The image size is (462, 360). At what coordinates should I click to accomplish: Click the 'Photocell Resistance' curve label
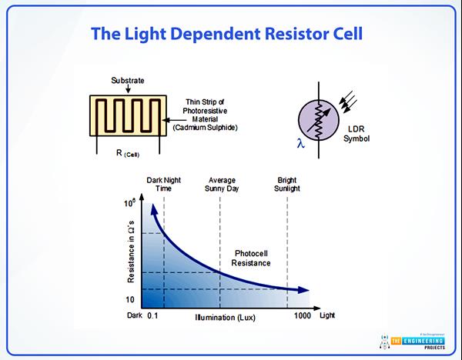click(x=251, y=258)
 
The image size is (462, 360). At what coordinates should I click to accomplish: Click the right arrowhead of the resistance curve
click(x=306, y=291)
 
